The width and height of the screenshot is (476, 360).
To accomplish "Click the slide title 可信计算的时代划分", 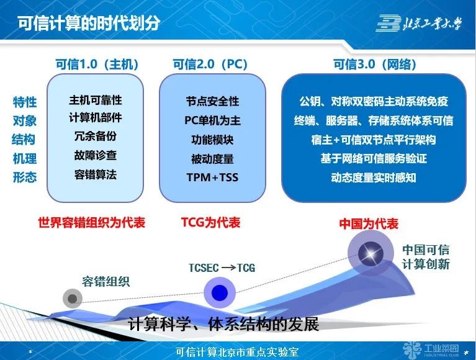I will pos(89,23).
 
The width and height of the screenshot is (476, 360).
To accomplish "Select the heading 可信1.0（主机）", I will pos(97,65).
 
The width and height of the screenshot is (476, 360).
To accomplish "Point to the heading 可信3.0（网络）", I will pos(375,65).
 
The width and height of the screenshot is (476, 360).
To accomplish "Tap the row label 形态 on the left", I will pos(25,178).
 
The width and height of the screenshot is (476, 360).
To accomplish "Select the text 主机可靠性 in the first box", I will pos(95,100).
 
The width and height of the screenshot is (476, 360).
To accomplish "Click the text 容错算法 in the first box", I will pos(95,174).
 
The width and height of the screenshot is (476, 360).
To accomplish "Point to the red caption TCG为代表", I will pos(210,222).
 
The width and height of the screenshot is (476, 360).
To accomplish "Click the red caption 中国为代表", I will pos(369,223).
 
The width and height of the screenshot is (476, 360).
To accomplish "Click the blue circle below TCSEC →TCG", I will pos(220,292).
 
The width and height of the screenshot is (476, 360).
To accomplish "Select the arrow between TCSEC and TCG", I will pos(227,268).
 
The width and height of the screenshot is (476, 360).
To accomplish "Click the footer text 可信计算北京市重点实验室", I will pos(238,351).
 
